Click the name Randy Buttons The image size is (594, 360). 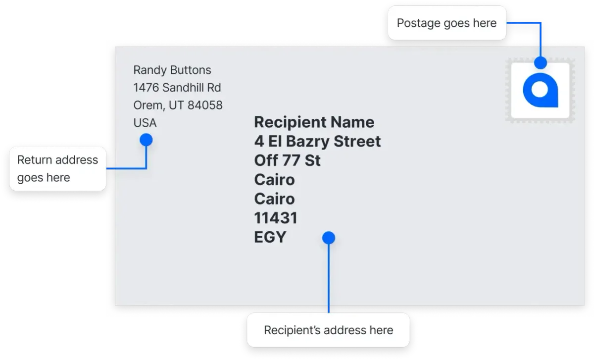(172, 70)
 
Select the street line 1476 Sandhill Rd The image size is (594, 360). (177, 88)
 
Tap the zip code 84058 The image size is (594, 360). (205, 105)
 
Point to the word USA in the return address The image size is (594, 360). (145, 123)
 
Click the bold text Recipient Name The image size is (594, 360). (314, 122)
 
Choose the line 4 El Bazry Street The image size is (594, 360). (317, 141)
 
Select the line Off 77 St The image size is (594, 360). (288, 160)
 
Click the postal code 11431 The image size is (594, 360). (276, 218)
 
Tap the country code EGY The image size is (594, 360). (270, 237)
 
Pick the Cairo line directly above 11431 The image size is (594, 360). (274, 199)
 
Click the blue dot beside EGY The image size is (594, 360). (329, 238)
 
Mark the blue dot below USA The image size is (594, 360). (146, 140)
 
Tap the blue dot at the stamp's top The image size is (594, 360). (541, 62)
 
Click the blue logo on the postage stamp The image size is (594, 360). (541, 90)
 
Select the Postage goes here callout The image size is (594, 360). (447, 23)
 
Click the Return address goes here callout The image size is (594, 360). (58, 169)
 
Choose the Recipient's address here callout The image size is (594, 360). (329, 330)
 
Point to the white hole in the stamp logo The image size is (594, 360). (540, 90)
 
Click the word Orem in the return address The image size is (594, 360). (148, 105)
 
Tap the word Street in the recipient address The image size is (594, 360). (357, 141)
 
